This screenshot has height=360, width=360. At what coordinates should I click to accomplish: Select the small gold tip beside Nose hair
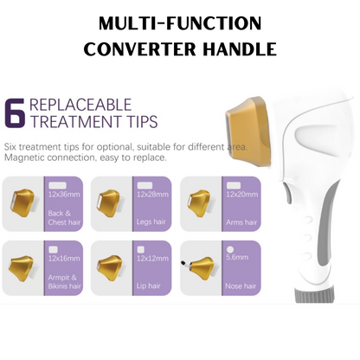pyautogui.click(x=203, y=267)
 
